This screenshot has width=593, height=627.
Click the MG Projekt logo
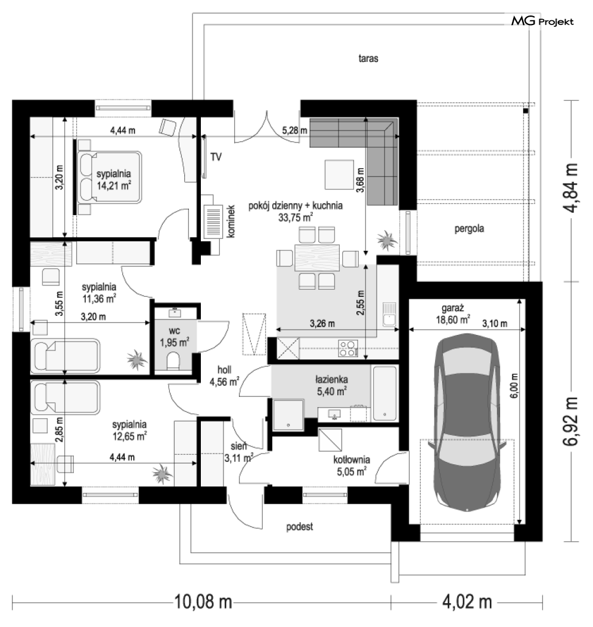pyautogui.click(x=542, y=21)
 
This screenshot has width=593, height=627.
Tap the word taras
pyautogui.click(x=368, y=58)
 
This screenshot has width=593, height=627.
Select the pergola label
pyautogui.click(x=469, y=229)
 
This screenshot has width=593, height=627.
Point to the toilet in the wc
pyautogui.click(x=173, y=361)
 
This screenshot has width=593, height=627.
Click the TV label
pyautogui.click(x=216, y=157)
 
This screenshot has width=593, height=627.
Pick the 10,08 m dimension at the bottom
pyautogui.click(x=203, y=601)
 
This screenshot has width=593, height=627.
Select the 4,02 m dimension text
pyautogui.click(x=467, y=601)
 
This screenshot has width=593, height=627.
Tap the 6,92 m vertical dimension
pyautogui.click(x=570, y=421)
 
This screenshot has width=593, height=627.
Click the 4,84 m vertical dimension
pyautogui.click(x=570, y=188)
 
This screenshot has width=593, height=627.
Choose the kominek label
pyautogui.click(x=231, y=222)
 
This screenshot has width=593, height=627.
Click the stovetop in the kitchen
pyautogui.click(x=348, y=348)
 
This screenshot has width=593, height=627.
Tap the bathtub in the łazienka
pyautogui.click(x=384, y=393)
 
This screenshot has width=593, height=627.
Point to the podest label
pyautogui.click(x=300, y=527)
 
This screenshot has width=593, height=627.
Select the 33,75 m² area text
pyautogui.click(x=296, y=218)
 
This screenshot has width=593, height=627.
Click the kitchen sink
pyautogui.click(x=389, y=314)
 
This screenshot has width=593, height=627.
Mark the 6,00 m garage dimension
pyautogui.click(x=514, y=386)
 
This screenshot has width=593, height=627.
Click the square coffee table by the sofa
pyautogui.click(x=339, y=175)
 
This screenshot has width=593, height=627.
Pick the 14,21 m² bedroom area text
pyautogui.click(x=114, y=185)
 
